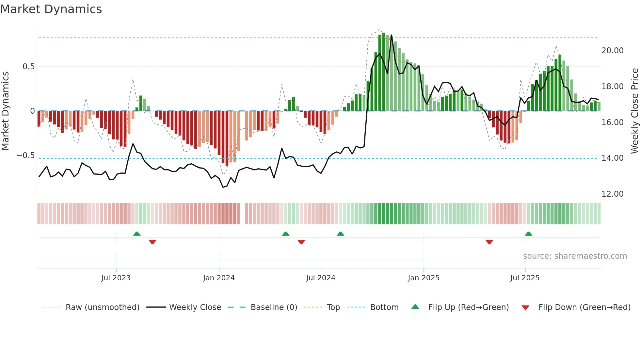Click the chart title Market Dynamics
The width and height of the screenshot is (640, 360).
click(x=51, y=9)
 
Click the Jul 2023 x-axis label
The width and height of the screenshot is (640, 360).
click(x=116, y=278)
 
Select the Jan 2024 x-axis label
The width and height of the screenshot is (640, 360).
click(x=219, y=278)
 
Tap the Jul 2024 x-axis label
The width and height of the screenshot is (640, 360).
click(x=321, y=278)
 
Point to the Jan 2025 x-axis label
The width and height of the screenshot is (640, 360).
click(x=424, y=278)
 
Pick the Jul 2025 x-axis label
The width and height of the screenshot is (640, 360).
click(x=525, y=278)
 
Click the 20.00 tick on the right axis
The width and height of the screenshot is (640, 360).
click(x=612, y=51)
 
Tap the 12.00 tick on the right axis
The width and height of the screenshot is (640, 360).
click(x=612, y=194)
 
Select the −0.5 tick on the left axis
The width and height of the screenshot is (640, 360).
click(x=25, y=155)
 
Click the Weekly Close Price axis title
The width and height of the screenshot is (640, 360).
click(x=634, y=111)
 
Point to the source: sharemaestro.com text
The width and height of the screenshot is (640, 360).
click(x=575, y=256)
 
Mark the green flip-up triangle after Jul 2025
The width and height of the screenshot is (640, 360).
click(x=528, y=234)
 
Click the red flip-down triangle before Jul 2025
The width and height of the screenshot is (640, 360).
click(x=489, y=242)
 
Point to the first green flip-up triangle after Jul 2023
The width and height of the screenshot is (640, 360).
click(x=137, y=234)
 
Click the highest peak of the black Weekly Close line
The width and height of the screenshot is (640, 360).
click(x=391, y=35)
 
